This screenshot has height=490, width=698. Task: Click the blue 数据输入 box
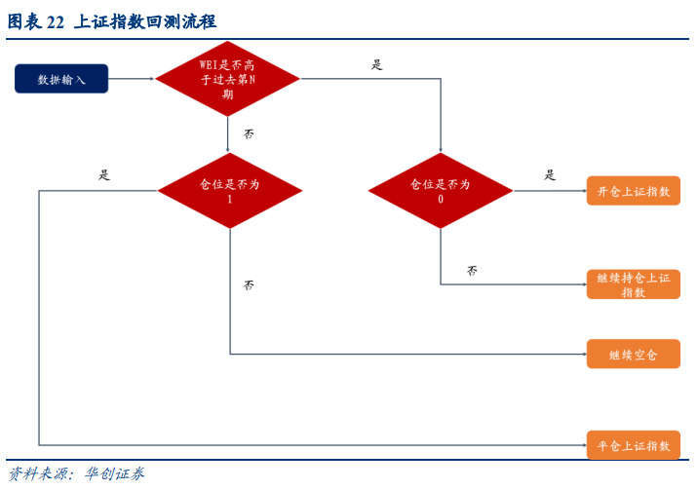[x=61, y=79]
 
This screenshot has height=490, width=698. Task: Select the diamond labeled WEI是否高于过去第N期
[x=227, y=79]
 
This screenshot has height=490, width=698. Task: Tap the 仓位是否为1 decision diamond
[x=229, y=191]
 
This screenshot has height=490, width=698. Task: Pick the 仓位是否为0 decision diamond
[x=441, y=191]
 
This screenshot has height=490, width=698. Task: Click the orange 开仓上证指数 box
[x=633, y=191]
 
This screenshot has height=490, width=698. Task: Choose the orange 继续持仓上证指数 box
[x=633, y=284]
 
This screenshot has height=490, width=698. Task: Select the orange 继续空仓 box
[x=633, y=354]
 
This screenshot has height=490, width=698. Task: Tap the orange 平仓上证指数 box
[x=633, y=445]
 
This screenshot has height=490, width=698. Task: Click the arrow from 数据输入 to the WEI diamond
[x=132, y=79]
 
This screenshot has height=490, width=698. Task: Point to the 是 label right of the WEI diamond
[x=377, y=65]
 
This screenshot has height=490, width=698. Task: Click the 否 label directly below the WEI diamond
[x=249, y=133]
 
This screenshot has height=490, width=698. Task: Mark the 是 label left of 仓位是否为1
[x=104, y=175]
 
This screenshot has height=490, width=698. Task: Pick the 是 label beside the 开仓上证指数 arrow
[x=550, y=175]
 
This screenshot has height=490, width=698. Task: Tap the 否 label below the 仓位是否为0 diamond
[x=472, y=270]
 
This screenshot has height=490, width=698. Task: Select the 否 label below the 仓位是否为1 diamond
[x=249, y=285]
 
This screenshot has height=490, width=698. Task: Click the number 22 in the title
[x=56, y=21]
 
